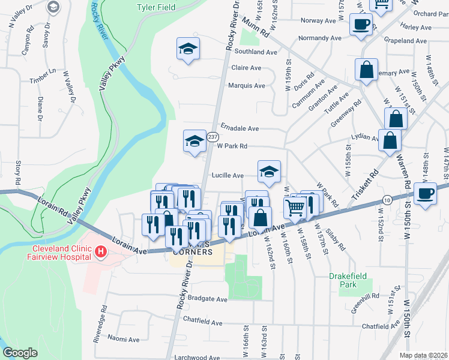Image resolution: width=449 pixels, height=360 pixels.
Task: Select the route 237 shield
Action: [212, 137]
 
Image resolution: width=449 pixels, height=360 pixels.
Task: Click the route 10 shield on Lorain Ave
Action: [388, 200]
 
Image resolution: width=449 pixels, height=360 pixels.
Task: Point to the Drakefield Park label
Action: [347, 280]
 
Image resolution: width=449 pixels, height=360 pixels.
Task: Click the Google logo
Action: [20, 353]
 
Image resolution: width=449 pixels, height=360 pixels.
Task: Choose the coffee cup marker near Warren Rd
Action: [426, 194]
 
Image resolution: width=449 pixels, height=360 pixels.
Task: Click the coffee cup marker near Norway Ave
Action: [361, 25]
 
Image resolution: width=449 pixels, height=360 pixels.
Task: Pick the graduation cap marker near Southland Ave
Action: [188, 49]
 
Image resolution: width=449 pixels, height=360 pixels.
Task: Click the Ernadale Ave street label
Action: [240, 128]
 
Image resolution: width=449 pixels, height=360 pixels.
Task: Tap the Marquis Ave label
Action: [246, 85]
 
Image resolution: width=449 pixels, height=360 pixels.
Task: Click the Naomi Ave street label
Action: [124, 339]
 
